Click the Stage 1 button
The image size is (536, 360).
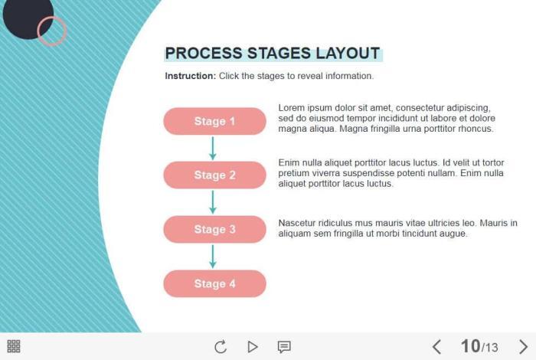(x=214, y=121)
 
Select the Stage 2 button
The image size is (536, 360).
(x=214, y=175)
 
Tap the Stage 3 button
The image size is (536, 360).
(x=214, y=229)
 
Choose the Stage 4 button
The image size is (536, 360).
(x=214, y=283)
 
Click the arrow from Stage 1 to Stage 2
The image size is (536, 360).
(x=213, y=148)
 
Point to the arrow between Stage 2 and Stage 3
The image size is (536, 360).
(x=213, y=202)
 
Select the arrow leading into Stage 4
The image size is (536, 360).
(x=213, y=257)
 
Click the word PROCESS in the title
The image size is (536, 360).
(x=204, y=54)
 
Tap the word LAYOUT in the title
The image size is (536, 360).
(x=348, y=54)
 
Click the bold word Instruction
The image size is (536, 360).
(x=191, y=76)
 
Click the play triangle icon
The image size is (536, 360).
(x=252, y=347)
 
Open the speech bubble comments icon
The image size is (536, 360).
(x=284, y=347)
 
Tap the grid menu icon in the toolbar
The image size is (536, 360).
(x=14, y=346)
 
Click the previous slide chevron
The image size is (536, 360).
(x=436, y=347)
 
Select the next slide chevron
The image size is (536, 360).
(x=523, y=347)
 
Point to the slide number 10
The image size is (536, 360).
(x=470, y=346)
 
